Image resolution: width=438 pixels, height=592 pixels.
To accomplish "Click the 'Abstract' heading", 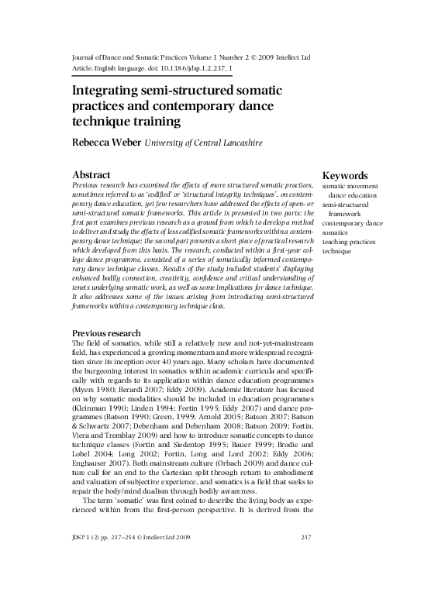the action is (91, 176).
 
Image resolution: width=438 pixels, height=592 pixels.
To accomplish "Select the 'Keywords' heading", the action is (345, 176).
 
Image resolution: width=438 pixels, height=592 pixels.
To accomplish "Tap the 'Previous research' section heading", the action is (106, 333).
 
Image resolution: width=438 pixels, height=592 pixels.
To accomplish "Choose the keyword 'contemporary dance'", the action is (353, 223).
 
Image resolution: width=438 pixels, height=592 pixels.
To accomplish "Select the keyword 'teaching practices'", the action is (350, 242).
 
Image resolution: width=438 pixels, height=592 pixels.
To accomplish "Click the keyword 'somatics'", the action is (336, 232).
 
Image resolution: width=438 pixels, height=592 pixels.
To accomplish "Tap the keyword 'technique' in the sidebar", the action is (337, 251).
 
